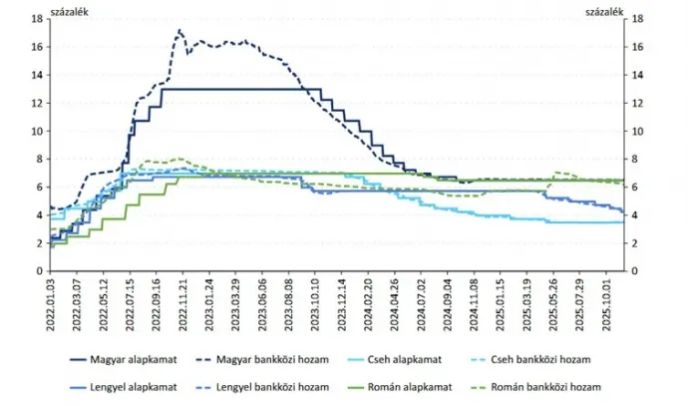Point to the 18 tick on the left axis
36,19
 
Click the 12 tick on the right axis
638,103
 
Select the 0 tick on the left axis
39,270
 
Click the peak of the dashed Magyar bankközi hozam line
179,31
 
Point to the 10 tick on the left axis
36,131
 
